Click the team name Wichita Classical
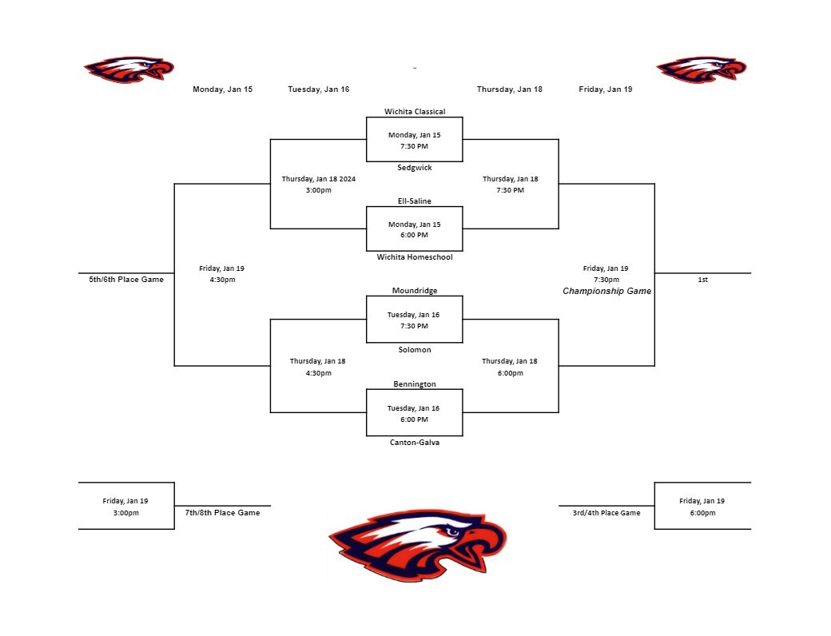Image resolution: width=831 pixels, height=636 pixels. click(414, 112)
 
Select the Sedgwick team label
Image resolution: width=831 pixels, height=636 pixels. click(414, 168)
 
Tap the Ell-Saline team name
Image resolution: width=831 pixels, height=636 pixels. click(414, 201)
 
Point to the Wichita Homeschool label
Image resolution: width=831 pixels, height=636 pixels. click(414, 257)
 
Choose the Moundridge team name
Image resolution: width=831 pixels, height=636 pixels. click(414, 291)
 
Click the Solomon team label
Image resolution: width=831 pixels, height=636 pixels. click(414, 350)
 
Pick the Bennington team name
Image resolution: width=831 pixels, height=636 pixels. click(414, 384)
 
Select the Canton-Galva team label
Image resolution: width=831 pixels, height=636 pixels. click(414, 443)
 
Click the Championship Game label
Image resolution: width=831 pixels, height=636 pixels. click(606, 292)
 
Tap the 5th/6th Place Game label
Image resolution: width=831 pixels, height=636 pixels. click(126, 280)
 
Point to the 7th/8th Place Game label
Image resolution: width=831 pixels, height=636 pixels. click(222, 513)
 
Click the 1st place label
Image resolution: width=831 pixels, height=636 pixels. click(702, 280)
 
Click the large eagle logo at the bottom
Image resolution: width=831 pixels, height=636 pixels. click(417, 545)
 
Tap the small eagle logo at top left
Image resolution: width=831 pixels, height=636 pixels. click(129, 70)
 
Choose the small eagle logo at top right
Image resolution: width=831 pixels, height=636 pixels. click(701, 70)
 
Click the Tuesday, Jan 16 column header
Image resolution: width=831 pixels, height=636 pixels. click(318, 89)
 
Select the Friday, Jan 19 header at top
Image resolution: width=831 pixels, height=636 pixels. click(605, 89)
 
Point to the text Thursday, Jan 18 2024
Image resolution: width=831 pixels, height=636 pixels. click(318, 179)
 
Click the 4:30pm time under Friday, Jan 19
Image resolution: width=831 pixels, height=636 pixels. click(222, 280)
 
